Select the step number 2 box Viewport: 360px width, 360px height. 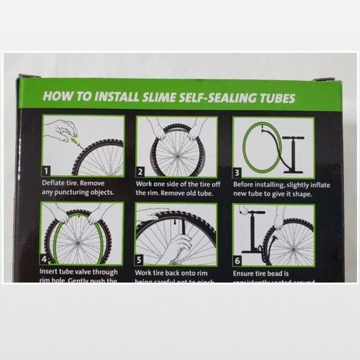(x=141, y=171)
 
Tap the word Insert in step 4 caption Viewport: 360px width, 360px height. (x=52, y=272)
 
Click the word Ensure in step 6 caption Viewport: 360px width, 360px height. (x=245, y=272)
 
